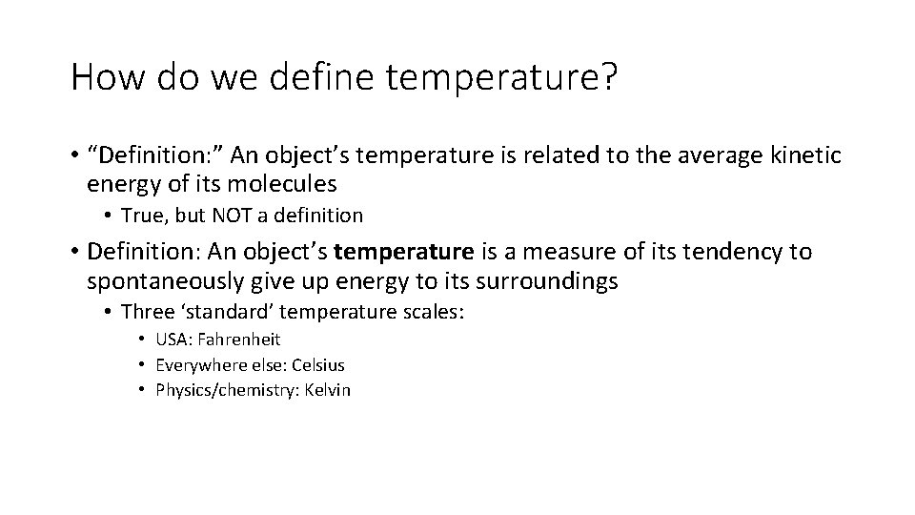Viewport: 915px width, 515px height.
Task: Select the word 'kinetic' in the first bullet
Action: [x=806, y=155]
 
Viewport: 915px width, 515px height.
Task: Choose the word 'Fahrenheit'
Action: [x=240, y=340]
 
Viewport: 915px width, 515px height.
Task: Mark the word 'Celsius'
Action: [x=317, y=365]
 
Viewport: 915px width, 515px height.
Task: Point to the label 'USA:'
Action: [x=174, y=340]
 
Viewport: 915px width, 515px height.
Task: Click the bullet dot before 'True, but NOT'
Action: [x=112, y=216]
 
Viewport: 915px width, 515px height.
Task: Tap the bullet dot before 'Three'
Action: [x=112, y=313]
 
